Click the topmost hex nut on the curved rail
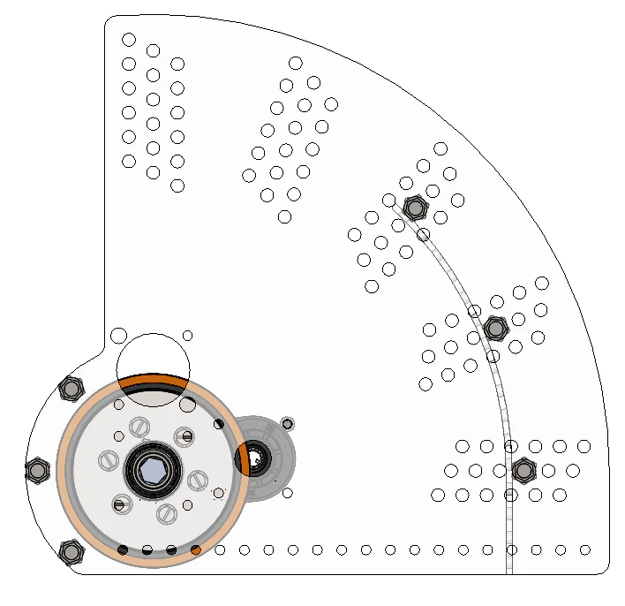point(414,208)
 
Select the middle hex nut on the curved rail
point(496,330)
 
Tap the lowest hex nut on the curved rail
point(523,470)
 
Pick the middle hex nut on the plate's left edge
point(37,471)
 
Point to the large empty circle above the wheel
point(154,358)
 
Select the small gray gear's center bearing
point(257,459)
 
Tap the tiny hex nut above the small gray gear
point(287,423)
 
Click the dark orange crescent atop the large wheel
point(154,383)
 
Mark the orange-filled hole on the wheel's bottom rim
point(196,550)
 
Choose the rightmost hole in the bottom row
point(584,550)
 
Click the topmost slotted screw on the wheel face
point(139,427)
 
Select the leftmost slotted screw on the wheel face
point(108,460)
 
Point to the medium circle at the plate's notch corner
point(119,336)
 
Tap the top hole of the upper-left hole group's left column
point(129,40)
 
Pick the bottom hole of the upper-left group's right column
point(177,186)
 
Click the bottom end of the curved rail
point(510,570)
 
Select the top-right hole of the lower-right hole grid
point(584,446)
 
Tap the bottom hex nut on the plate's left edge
point(71,552)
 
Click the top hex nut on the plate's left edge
point(71,388)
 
